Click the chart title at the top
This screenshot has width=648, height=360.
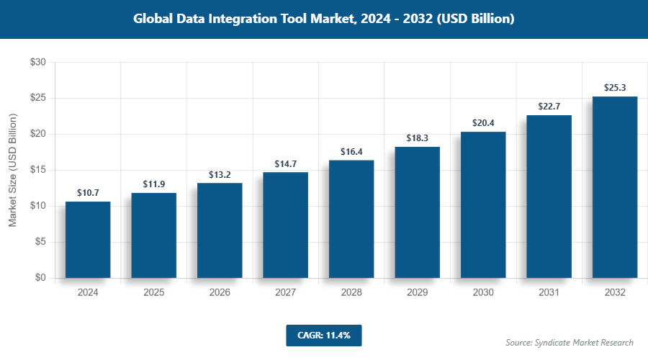point(324,19)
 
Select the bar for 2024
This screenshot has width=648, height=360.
point(88,240)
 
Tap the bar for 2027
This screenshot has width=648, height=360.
point(285,225)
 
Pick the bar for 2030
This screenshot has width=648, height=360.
point(483,204)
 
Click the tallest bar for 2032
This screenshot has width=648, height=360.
point(615,187)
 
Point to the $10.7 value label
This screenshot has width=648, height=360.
point(88,193)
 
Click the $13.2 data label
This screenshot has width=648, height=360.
point(220,175)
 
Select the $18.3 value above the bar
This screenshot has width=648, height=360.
point(417,138)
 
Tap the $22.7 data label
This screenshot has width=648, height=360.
point(549,107)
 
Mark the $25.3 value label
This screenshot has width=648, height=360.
point(615,88)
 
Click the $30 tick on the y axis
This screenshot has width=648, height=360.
point(37,63)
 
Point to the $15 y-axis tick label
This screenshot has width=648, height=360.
point(37,170)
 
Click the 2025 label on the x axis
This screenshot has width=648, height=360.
point(153,293)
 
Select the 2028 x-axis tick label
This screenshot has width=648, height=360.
point(351,293)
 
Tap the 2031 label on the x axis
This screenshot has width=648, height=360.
point(549,293)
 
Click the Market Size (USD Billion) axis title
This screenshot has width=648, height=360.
point(12,170)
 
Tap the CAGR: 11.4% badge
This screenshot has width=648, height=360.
point(323,336)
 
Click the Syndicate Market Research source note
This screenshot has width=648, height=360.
point(569,342)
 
